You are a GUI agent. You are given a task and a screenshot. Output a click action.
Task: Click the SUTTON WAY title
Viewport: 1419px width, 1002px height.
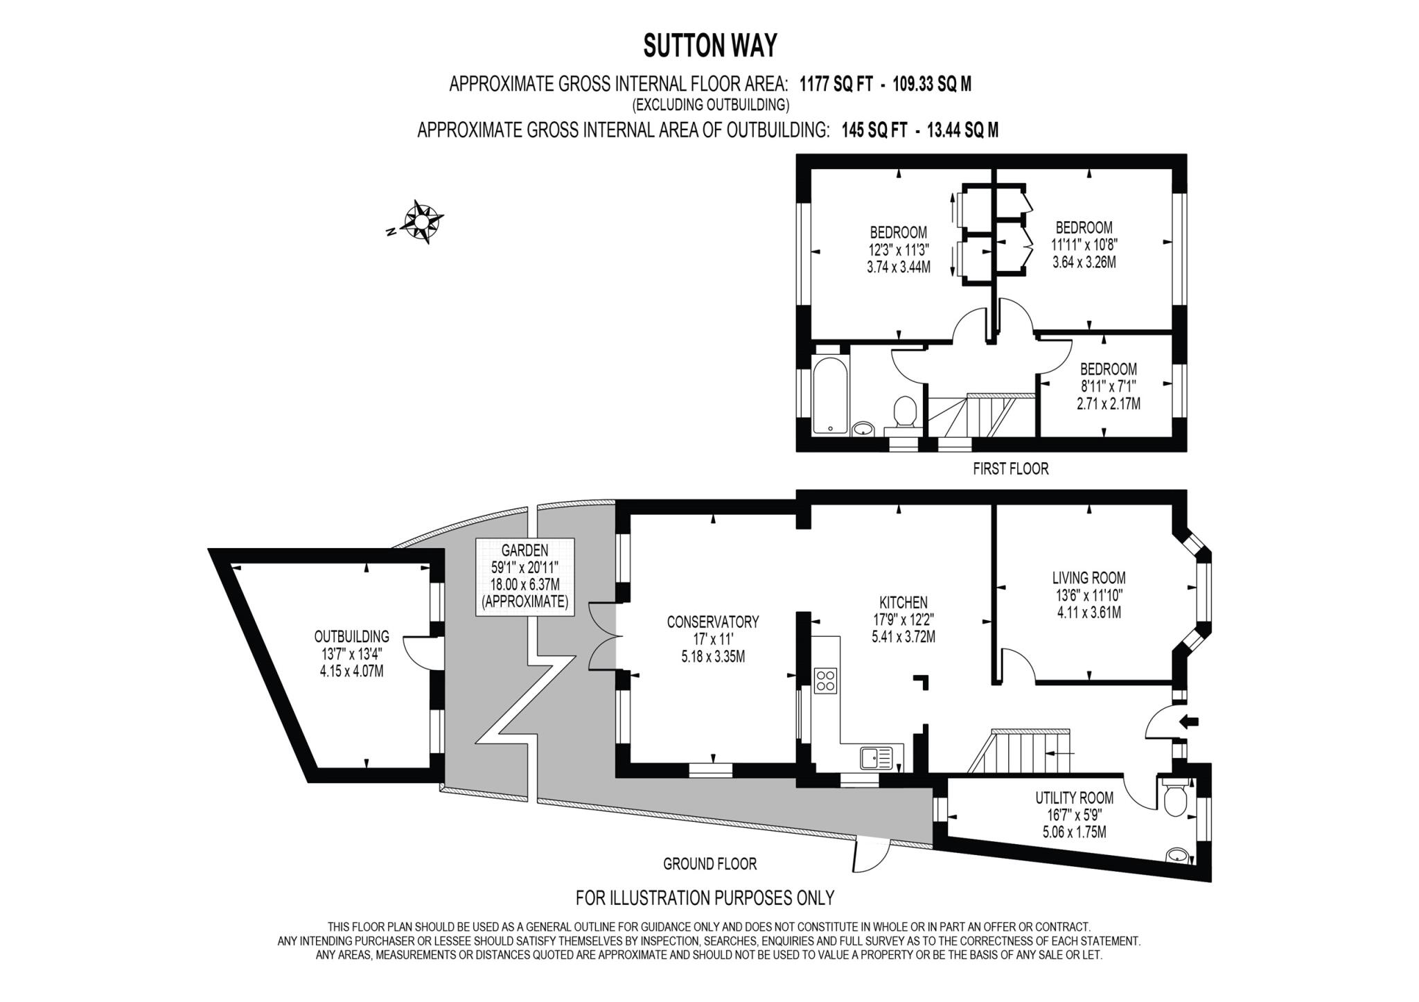(x=710, y=46)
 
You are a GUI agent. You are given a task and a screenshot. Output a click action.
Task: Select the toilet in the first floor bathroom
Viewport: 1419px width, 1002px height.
(x=904, y=411)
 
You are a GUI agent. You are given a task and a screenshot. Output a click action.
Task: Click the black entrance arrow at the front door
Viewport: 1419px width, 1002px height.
(x=1189, y=722)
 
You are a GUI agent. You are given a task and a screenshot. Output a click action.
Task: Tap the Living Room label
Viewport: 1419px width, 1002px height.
(x=1089, y=577)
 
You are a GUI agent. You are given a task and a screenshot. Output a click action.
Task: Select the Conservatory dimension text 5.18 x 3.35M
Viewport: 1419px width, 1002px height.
(x=713, y=656)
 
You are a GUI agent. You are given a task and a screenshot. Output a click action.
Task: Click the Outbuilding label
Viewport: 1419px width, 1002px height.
(x=351, y=636)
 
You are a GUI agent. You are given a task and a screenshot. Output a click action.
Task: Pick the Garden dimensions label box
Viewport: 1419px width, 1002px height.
(x=525, y=577)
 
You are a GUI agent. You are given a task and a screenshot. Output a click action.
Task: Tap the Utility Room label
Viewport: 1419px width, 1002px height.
(x=1074, y=798)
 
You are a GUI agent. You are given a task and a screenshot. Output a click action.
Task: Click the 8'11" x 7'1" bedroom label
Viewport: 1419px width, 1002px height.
(x=1108, y=386)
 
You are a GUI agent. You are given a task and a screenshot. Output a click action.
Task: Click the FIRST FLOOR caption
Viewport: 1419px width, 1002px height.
(x=1010, y=469)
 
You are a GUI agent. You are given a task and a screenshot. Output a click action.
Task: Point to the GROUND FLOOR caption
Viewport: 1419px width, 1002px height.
(x=709, y=863)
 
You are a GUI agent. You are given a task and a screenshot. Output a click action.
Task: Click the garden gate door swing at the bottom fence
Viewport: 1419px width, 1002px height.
(x=868, y=856)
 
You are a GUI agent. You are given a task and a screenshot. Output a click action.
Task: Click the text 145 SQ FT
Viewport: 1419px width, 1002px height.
(x=874, y=130)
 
